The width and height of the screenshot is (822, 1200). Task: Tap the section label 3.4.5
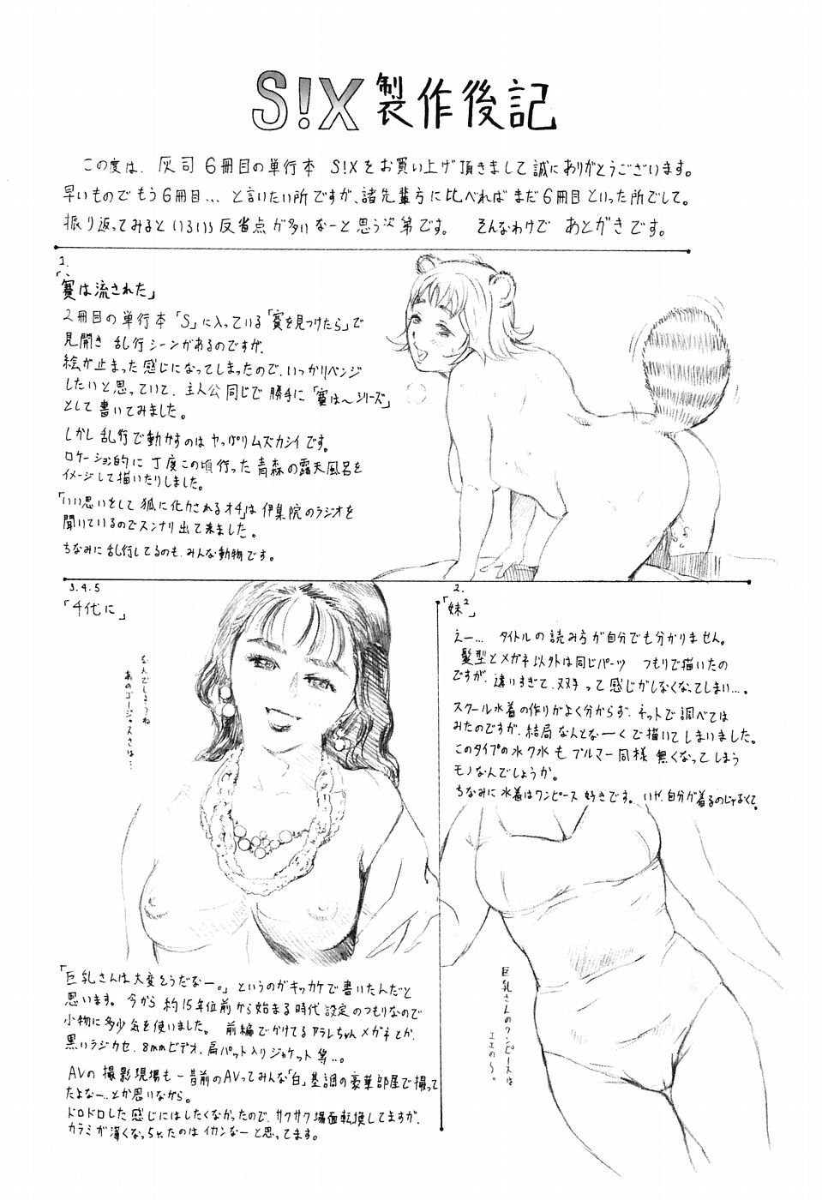click(x=83, y=590)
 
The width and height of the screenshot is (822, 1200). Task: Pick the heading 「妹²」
click(x=463, y=611)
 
